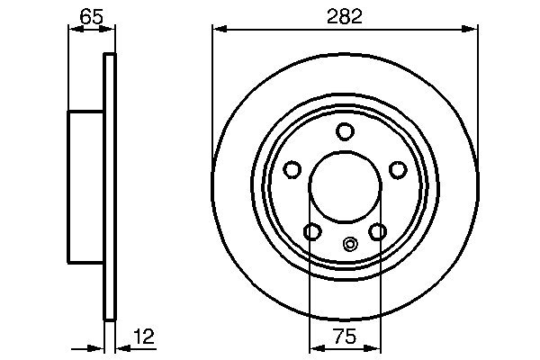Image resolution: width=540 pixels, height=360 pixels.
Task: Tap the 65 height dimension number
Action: [90, 15]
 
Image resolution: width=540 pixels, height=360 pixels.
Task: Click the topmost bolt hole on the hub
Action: [345, 131]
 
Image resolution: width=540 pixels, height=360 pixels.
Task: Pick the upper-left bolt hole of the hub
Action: [292, 169]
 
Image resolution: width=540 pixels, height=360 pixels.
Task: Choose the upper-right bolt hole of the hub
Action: [398, 170]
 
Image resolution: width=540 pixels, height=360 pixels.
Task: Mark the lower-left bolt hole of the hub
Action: [311, 232]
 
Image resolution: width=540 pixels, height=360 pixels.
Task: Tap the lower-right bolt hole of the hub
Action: [378, 232]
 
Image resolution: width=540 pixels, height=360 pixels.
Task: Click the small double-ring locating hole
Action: [351, 242]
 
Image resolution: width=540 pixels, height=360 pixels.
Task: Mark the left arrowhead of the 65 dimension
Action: [75, 30]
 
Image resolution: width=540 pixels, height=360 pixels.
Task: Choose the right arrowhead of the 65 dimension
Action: [111, 30]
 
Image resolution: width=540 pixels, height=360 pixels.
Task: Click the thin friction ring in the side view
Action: [111, 186]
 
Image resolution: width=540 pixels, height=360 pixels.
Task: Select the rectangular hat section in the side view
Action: [87, 186]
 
